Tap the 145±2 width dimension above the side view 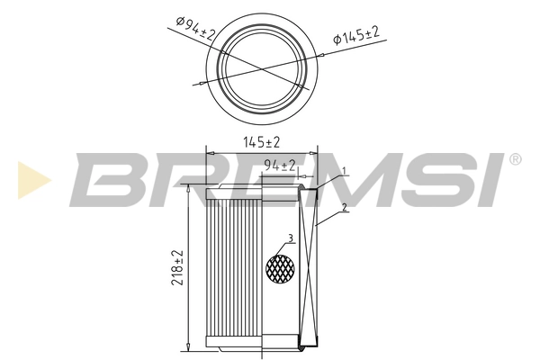[x=261, y=141]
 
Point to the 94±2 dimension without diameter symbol [x=280, y=165]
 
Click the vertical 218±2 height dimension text [x=176, y=269]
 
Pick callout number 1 [x=344, y=170]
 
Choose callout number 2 [x=345, y=209]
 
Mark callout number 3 [x=290, y=238]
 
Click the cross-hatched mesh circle [x=282, y=266]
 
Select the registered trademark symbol [x=515, y=160]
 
